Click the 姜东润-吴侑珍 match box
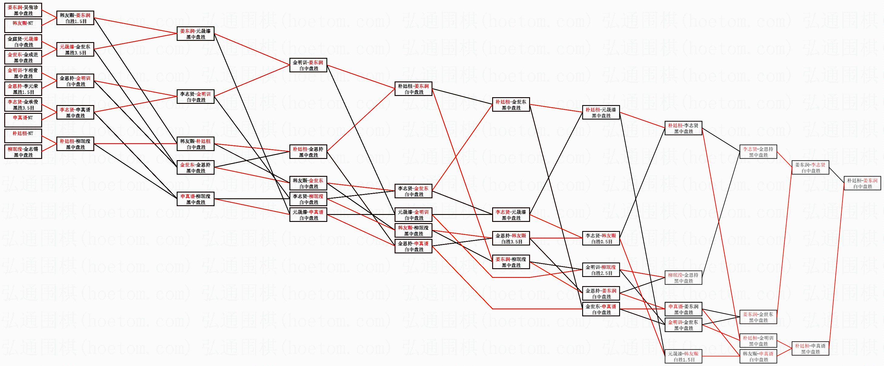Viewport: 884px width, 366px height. pyautogui.click(x=23, y=10)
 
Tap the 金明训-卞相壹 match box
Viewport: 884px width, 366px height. pyautogui.click(x=23, y=73)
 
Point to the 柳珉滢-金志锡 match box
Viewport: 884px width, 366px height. pyautogui.click(x=23, y=152)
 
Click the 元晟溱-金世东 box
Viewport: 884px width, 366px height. pyautogui.click(x=75, y=49)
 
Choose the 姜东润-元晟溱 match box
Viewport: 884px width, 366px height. pyautogui.click(x=195, y=34)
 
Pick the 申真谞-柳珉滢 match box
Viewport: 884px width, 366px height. pyautogui.click(x=195, y=199)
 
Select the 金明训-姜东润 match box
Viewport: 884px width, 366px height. pyautogui.click(x=308, y=65)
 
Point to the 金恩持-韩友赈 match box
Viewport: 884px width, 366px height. pyautogui.click(x=511, y=238)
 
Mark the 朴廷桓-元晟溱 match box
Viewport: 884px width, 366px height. pyautogui.click(x=601, y=112)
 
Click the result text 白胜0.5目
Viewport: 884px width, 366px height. pyautogui.click(x=601, y=242)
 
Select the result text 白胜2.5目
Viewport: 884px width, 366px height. pyautogui.click(x=601, y=273)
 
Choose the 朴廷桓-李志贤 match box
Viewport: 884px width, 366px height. pyautogui.click(x=684, y=128)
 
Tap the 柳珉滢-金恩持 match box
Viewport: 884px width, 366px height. pyautogui.click(x=684, y=278)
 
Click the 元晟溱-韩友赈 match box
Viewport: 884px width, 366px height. pyautogui.click(x=684, y=356)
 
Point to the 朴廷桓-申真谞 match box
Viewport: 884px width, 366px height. pyautogui.click(x=810, y=348)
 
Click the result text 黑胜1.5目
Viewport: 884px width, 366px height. pyautogui.click(x=23, y=92)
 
